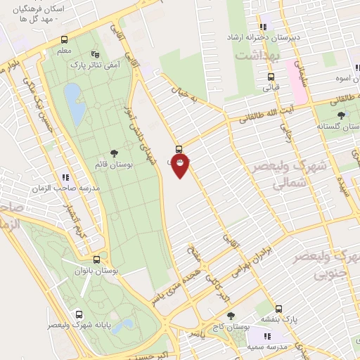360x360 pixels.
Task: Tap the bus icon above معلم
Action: coord(64,39)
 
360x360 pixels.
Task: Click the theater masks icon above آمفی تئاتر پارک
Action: coord(96,54)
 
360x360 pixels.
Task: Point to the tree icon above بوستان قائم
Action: coord(114,153)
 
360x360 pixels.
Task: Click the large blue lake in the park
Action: coord(72,96)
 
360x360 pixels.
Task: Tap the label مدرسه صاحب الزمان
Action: coord(66,188)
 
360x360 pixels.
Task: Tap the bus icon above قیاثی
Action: coord(270,77)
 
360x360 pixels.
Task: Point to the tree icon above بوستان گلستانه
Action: coord(341,115)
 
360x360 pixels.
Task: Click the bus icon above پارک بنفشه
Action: coord(278,309)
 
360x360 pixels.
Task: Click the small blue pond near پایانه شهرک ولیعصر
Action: coord(127,324)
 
